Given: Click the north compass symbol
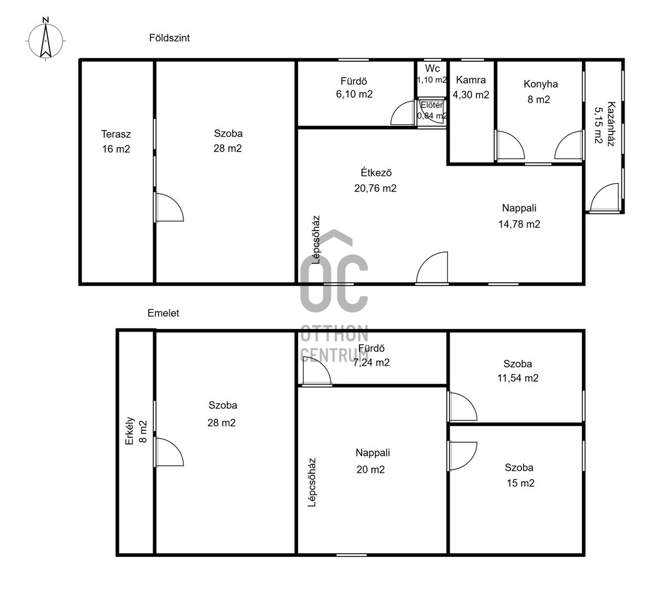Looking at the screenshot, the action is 45,39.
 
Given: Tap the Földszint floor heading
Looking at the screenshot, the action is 170,38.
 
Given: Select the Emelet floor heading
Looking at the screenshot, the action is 163,313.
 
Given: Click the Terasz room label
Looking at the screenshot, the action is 116,134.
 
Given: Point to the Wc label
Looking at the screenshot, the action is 432,68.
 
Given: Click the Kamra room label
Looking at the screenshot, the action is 471,80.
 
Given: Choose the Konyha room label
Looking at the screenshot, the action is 540,84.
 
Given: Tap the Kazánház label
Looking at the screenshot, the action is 611,124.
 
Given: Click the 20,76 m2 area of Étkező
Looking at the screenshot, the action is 375,188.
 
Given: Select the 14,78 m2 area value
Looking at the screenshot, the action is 519,224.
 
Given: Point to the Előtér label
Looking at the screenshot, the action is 432,105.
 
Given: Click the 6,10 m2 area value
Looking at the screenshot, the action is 354,95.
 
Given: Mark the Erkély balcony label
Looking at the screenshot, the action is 130,431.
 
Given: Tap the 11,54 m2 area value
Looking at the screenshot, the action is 518,378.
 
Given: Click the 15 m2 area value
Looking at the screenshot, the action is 520,483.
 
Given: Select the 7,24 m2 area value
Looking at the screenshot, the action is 371,363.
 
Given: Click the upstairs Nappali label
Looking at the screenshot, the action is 373,453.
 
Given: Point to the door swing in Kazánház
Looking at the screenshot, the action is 604,197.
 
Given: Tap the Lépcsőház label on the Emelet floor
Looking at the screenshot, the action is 312,482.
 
